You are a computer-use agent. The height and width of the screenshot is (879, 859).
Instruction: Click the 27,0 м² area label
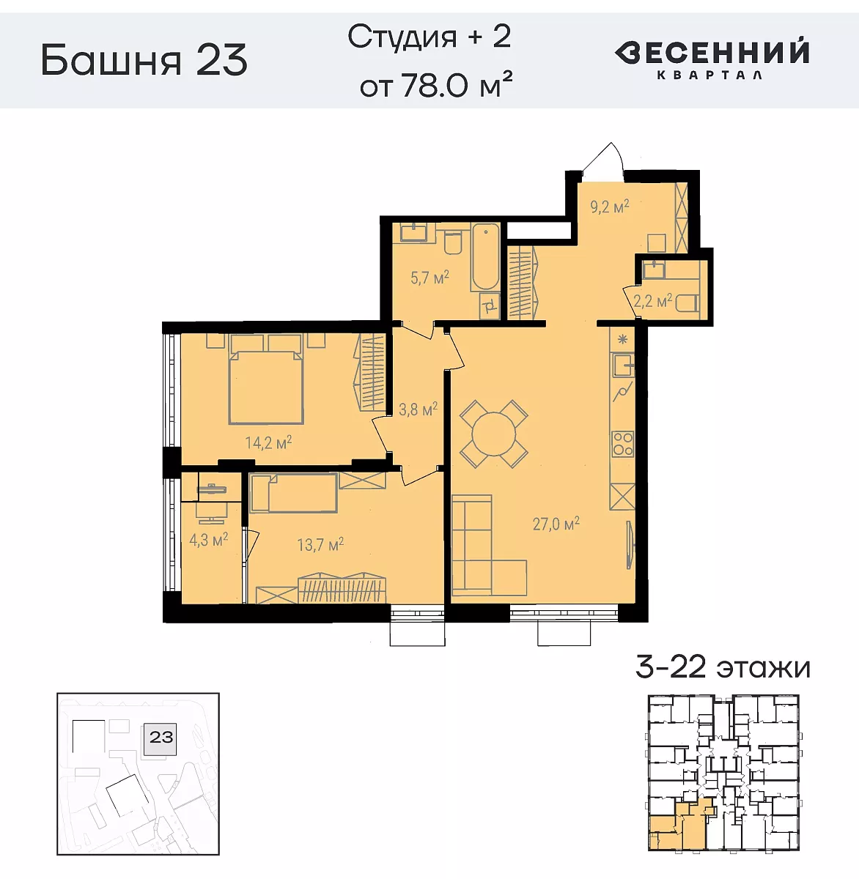(556, 524)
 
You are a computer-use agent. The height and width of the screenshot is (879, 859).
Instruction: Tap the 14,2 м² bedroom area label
(268, 442)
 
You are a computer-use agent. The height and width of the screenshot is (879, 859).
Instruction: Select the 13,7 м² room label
(320, 545)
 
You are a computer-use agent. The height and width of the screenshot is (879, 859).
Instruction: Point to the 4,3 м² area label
(208, 541)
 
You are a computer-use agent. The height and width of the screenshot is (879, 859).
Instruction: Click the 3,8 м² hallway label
(418, 409)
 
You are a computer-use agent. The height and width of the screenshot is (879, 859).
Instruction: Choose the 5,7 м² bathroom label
(429, 278)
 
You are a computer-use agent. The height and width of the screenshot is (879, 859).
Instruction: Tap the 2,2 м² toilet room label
(652, 301)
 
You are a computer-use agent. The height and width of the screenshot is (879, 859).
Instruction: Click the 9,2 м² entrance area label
(610, 207)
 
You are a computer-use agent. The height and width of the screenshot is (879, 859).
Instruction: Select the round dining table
(493, 434)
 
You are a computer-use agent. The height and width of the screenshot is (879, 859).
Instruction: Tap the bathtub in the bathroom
(485, 259)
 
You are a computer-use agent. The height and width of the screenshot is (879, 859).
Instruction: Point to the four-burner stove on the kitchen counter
(623, 445)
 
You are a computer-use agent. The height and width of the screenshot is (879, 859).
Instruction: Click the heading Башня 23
(144, 60)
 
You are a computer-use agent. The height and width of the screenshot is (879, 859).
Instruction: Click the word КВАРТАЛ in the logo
(709, 75)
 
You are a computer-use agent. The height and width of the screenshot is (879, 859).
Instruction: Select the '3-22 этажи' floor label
(723, 667)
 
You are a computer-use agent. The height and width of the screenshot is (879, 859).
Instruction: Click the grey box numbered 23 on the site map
(161, 736)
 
